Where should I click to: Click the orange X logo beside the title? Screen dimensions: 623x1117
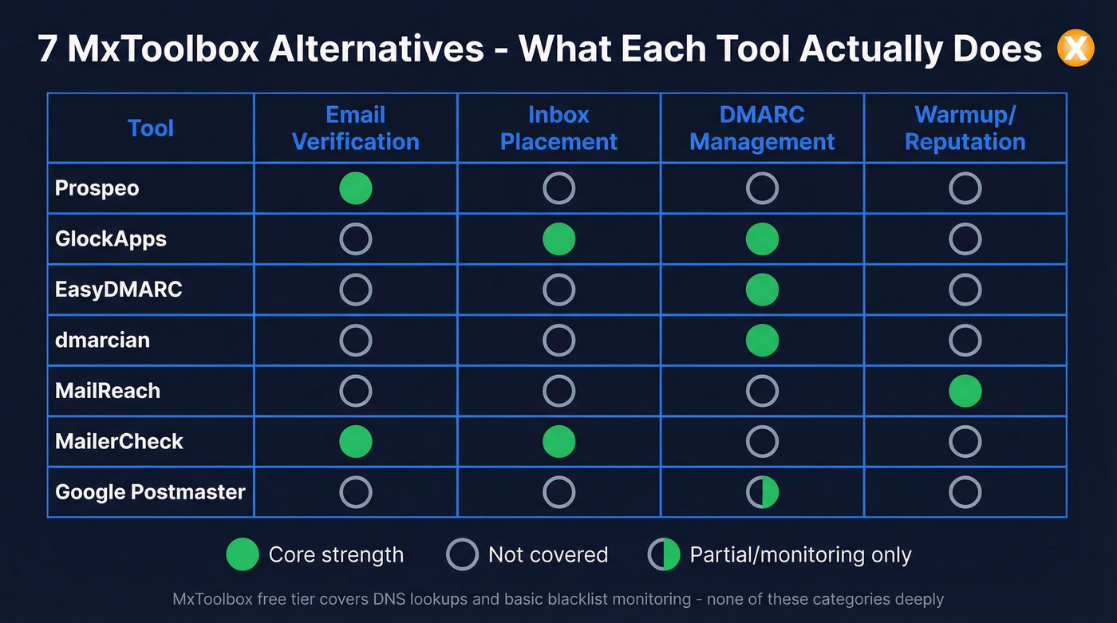(x=1075, y=49)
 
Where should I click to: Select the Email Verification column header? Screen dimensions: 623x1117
(x=355, y=128)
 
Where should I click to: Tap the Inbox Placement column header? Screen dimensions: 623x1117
(x=558, y=128)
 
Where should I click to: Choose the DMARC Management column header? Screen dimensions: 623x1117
(x=762, y=128)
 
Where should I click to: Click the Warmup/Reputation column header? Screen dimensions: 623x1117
(x=965, y=128)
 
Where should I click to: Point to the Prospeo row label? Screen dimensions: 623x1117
(x=97, y=188)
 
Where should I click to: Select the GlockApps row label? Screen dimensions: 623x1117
(x=111, y=239)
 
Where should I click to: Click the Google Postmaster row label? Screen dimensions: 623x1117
(x=150, y=492)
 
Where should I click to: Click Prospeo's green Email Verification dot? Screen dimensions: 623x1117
(x=355, y=188)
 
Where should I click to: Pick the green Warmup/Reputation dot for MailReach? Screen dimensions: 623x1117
(x=965, y=392)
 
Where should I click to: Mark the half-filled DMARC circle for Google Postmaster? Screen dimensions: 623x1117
(x=762, y=493)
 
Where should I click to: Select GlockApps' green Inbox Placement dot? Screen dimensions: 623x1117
(x=558, y=239)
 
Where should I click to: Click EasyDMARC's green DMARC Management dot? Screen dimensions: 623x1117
(x=762, y=290)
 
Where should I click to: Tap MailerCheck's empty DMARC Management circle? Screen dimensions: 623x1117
(x=762, y=442)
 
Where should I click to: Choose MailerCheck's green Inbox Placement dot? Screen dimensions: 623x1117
(x=558, y=442)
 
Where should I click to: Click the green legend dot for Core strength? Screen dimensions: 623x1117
(x=243, y=554)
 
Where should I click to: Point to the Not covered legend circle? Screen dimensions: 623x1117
(x=462, y=554)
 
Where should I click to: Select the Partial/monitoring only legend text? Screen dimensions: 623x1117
(x=800, y=554)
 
